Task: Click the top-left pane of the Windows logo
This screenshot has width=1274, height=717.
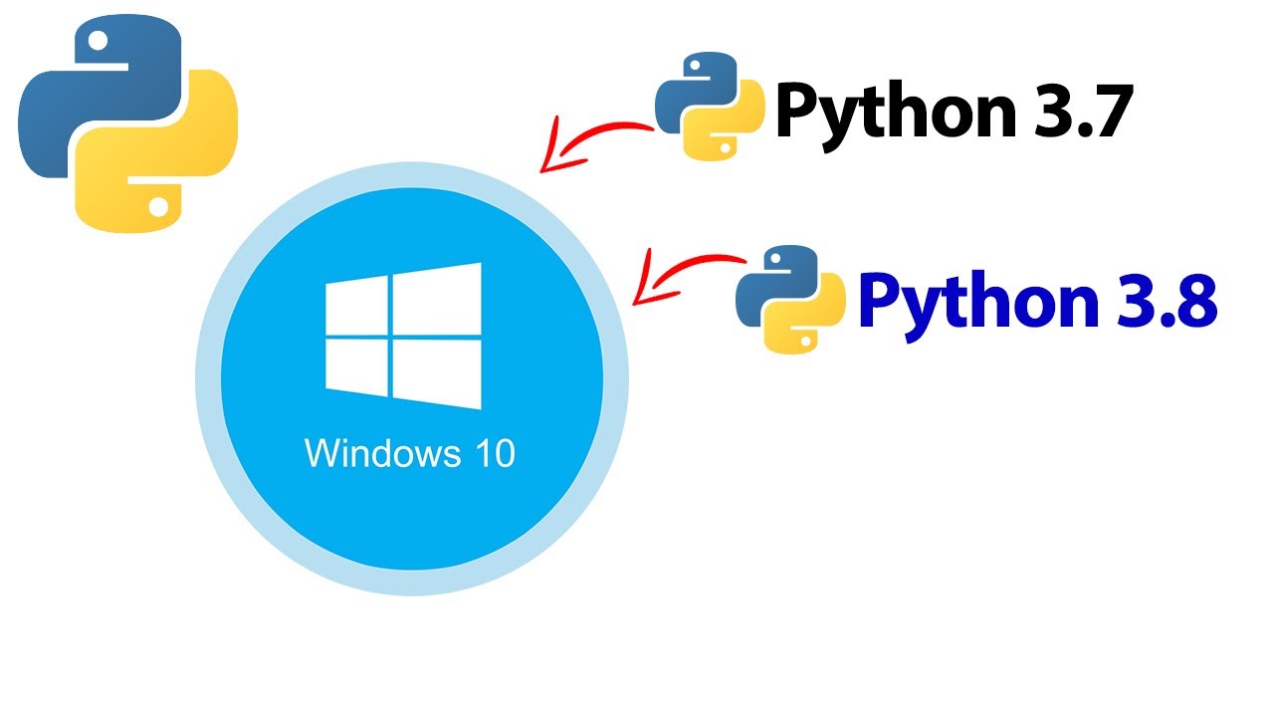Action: [x=355, y=305]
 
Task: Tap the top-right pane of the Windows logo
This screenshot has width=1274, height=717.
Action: [x=437, y=294]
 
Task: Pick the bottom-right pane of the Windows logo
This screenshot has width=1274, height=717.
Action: [x=437, y=376]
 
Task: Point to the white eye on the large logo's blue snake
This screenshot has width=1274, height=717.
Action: [x=99, y=43]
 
